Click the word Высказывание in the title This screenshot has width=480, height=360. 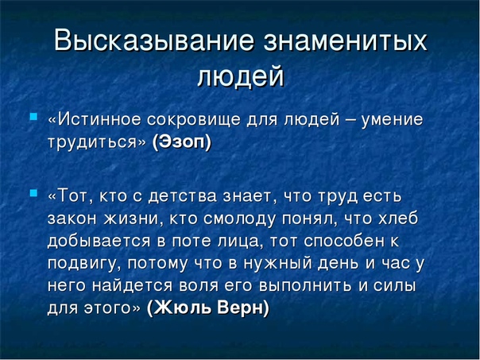click(154, 40)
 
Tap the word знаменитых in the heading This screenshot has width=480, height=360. click(345, 40)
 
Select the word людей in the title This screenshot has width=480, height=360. click(241, 77)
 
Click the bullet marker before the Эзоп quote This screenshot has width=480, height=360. click(33, 116)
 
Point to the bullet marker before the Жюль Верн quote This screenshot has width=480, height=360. click(33, 193)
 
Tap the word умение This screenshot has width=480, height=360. click(392, 120)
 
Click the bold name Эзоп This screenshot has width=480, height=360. click(181, 141)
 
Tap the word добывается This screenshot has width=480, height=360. click(99, 241)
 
